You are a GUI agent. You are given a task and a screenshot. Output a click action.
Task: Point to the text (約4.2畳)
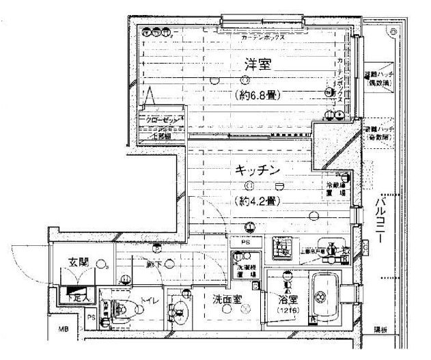coord(256,201)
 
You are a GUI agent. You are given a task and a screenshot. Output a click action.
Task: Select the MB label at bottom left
coord(62,331)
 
